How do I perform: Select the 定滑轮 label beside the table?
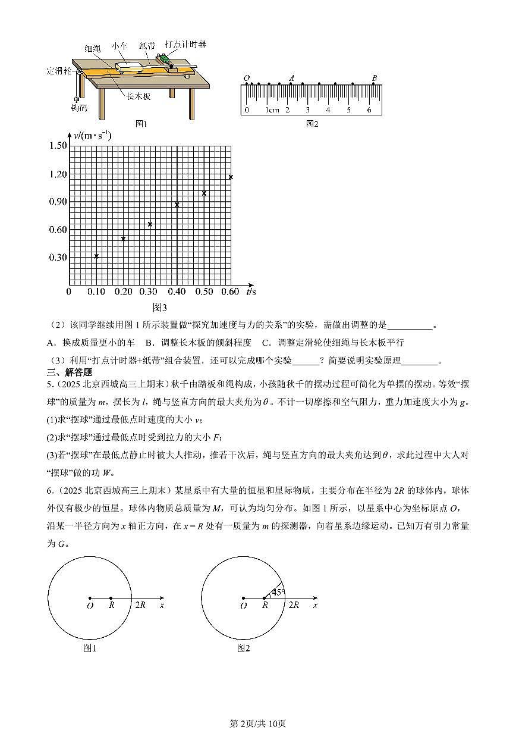59,71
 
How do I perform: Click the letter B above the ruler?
374,78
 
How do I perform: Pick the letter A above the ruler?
291,78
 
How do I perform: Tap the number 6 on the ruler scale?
369,110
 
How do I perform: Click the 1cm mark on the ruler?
272,110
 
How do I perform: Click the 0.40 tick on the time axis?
177,292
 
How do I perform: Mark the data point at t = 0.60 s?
231,177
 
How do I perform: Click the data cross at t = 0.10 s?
96,256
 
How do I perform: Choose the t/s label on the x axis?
251,291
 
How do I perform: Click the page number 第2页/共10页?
258,723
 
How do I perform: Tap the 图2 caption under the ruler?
312,124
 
